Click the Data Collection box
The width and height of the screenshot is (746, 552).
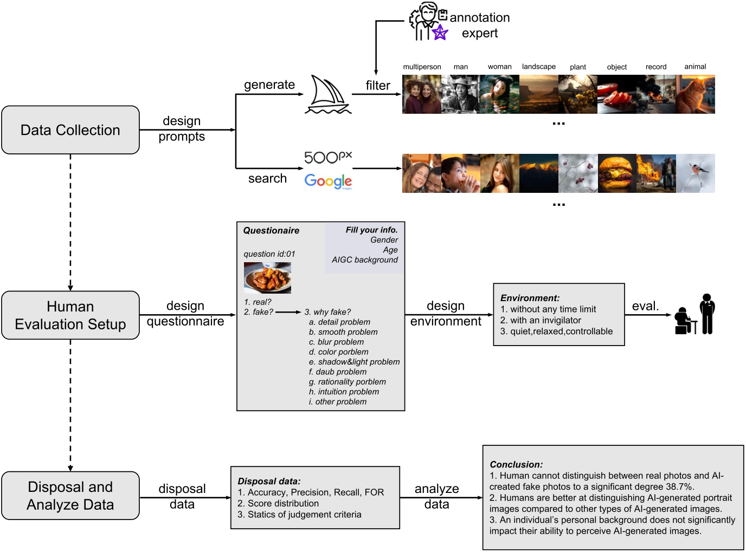click(x=70, y=130)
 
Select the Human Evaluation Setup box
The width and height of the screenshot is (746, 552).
click(x=70, y=315)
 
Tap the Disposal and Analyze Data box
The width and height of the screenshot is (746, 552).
click(x=70, y=496)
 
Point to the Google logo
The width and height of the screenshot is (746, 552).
click(x=328, y=181)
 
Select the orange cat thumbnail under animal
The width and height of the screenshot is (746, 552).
click(x=696, y=94)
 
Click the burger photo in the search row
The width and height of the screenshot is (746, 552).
click(x=617, y=173)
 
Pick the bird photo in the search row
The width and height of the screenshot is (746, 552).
click(x=696, y=173)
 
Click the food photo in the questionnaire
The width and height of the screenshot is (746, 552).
click(x=267, y=278)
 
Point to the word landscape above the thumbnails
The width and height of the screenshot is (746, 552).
click(x=539, y=67)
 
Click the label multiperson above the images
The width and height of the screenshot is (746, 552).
click(x=422, y=67)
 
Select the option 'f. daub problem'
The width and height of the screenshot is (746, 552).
click(x=338, y=372)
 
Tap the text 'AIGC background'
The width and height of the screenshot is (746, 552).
click(x=365, y=260)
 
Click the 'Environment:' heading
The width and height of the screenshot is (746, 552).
click(x=530, y=298)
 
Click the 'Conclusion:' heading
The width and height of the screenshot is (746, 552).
click(x=516, y=464)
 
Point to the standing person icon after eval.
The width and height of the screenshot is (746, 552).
click(x=707, y=314)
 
